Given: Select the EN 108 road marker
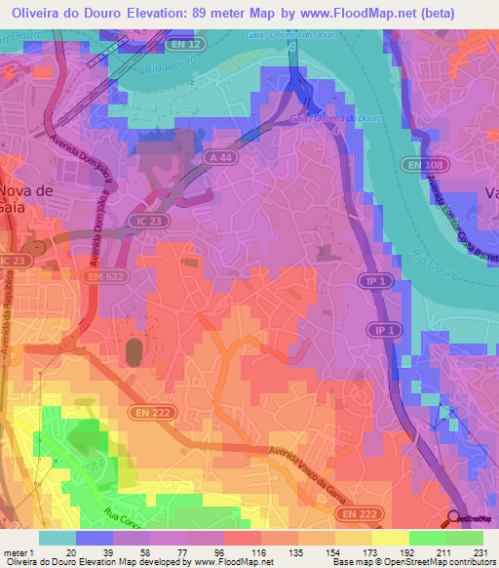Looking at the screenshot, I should tap(416, 167).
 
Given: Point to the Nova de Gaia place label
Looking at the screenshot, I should tap(26, 199).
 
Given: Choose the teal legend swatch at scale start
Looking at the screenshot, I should tap(57, 537).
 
